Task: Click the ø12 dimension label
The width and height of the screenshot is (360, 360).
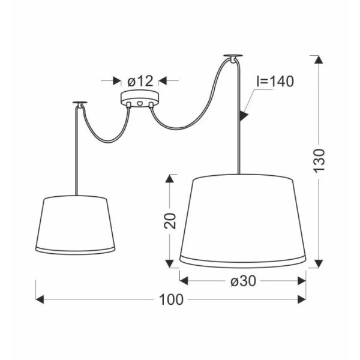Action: (x=140, y=81)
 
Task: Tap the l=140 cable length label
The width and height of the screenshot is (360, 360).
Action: (x=275, y=81)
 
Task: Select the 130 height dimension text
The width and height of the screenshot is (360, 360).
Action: (x=319, y=161)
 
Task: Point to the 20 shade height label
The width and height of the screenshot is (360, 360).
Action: (x=170, y=221)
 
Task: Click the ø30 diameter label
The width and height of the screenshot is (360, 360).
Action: (x=243, y=281)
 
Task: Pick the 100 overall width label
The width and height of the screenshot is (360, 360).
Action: (x=171, y=299)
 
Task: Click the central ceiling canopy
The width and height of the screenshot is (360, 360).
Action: (x=140, y=99)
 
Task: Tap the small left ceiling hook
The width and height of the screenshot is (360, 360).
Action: (x=80, y=104)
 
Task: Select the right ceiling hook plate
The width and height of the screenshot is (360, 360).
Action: (x=233, y=57)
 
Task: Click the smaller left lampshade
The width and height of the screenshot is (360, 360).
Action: (x=76, y=225)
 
